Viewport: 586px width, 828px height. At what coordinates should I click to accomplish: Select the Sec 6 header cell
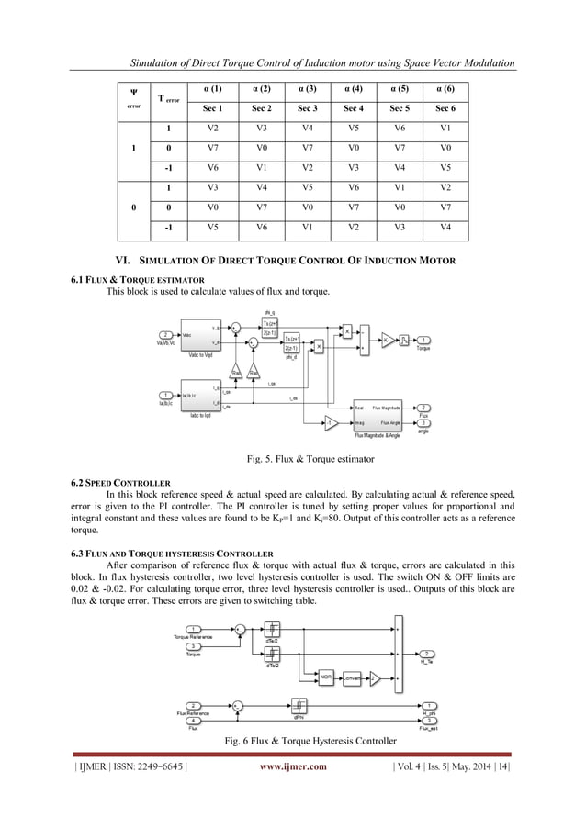click(445, 108)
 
